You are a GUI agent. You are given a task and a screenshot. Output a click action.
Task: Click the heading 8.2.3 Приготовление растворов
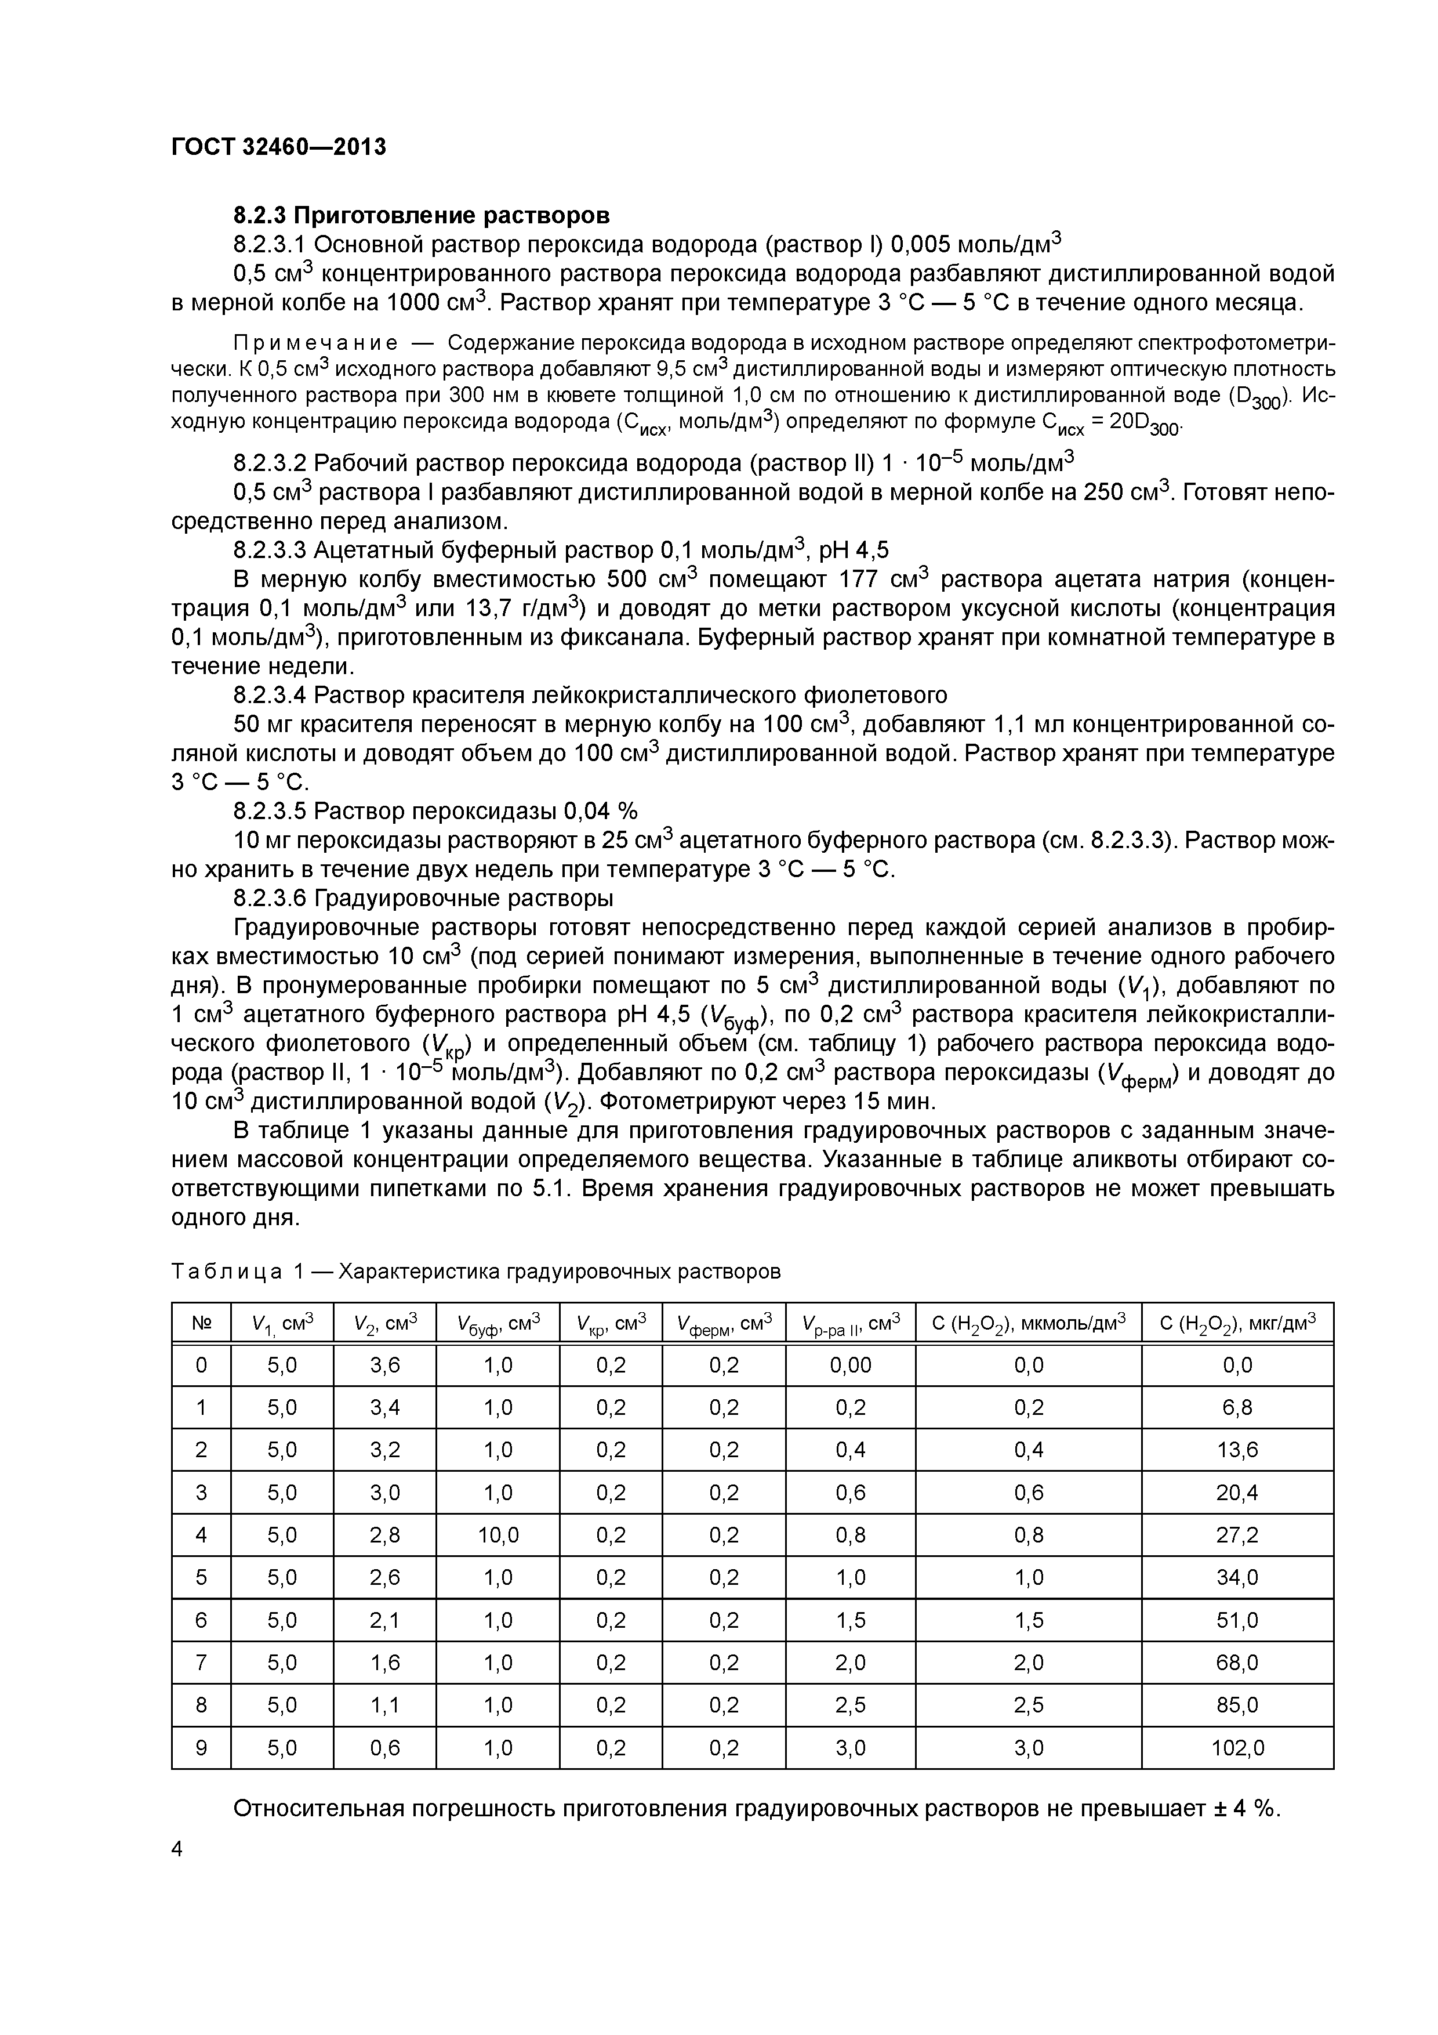click(421, 215)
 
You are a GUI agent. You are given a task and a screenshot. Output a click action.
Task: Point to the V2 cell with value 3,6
click(384, 1365)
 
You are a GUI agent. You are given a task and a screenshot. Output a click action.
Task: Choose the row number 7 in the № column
click(201, 1663)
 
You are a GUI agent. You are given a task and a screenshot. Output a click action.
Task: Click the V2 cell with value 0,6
click(384, 1748)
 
